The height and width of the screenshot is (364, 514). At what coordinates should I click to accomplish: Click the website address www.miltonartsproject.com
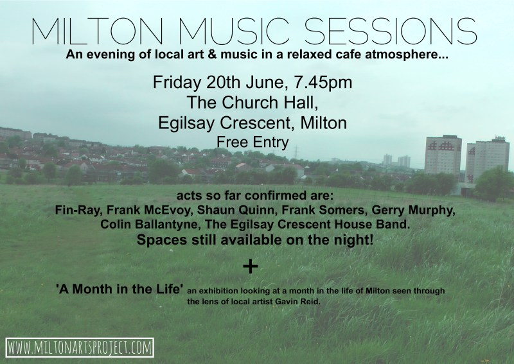(x=80, y=347)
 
